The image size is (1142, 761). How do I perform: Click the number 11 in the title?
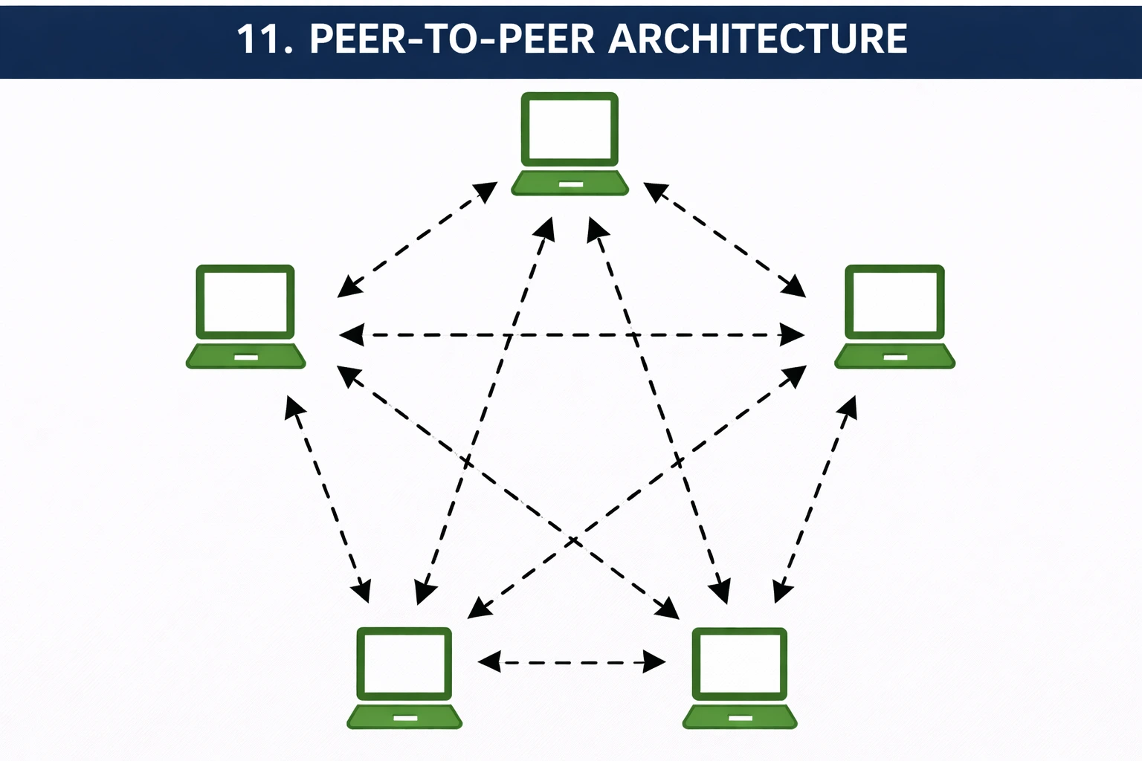tap(257, 39)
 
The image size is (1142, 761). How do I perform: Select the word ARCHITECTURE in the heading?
tap(758, 39)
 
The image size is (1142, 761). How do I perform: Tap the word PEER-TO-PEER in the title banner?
tap(452, 39)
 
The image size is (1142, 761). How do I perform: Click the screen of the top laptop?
tap(570, 129)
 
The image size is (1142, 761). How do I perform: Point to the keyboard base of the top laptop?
tap(570, 184)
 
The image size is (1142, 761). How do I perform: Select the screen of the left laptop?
tap(245, 302)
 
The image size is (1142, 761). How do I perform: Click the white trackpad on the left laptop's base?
tap(246, 358)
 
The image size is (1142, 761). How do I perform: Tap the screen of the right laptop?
tap(895, 302)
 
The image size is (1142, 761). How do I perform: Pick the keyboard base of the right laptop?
tap(895, 357)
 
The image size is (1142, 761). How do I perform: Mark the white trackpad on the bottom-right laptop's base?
tap(741, 719)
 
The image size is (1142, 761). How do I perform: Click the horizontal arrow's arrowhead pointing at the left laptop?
tap(351, 335)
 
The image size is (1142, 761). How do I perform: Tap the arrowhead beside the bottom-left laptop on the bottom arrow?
tap(488, 661)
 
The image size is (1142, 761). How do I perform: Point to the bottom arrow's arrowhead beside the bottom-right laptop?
tap(654, 661)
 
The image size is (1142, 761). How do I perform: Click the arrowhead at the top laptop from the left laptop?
tap(486, 191)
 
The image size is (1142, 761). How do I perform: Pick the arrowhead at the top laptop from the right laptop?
tap(654, 191)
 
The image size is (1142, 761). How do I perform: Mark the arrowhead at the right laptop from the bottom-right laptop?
tap(849, 407)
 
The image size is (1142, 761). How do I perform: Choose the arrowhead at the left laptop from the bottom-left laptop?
tap(294, 407)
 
